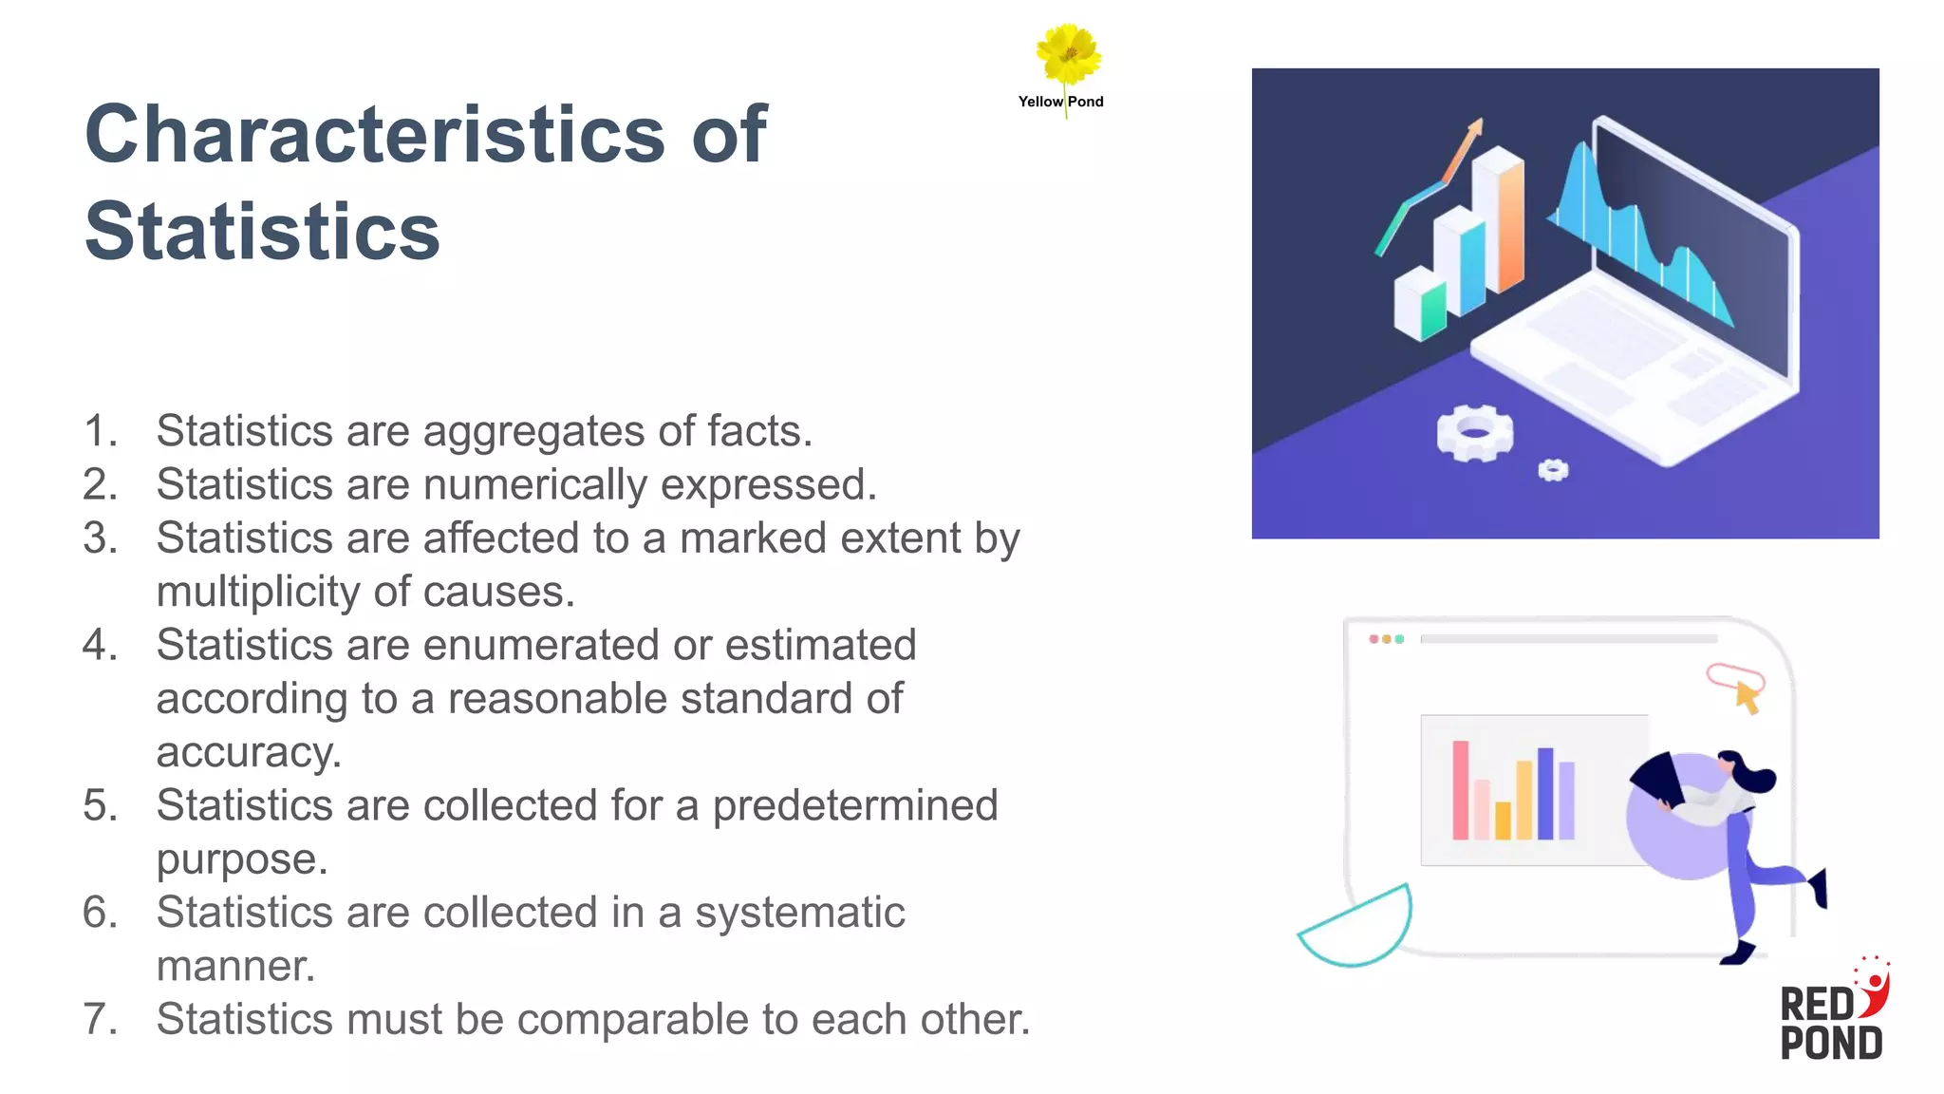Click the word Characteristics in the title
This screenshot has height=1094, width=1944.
tap(375, 134)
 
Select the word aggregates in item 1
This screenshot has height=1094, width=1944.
tap(533, 431)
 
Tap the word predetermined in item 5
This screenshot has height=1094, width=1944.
tap(854, 805)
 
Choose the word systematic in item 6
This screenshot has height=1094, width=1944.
tap(799, 913)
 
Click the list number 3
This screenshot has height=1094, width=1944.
tap(100, 538)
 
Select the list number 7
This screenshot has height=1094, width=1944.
tap(100, 1020)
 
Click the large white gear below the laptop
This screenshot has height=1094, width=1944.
tap(1474, 433)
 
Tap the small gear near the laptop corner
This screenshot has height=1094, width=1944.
tap(1553, 469)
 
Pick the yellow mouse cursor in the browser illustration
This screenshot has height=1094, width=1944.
tap(1747, 698)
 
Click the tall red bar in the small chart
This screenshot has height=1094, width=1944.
tap(1460, 790)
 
